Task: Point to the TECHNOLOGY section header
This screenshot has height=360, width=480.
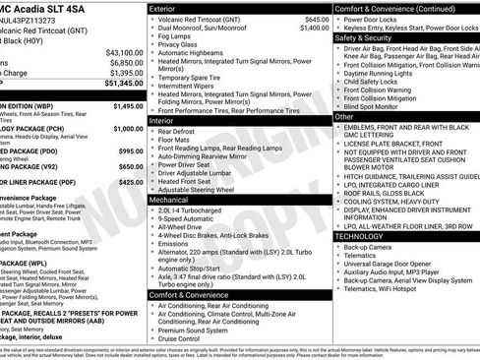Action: (360, 236)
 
